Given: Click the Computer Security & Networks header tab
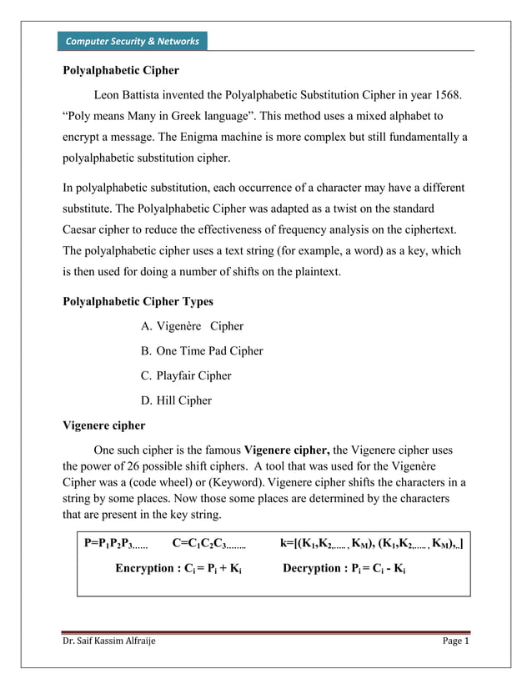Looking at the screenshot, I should (x=132, y=41).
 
